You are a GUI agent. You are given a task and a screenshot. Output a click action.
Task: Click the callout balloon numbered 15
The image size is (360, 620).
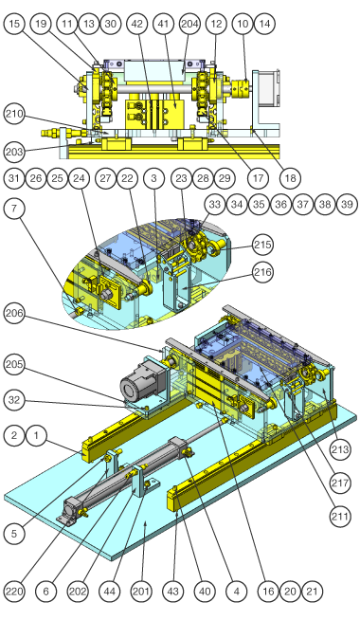(x=14, y=24)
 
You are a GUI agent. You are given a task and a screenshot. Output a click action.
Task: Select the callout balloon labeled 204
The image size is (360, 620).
(x=189, y=24)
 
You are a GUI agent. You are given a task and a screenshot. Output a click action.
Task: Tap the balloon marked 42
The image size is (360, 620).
(x=136, y=24)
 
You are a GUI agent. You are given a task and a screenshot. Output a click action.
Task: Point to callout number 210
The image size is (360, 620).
(x=14, y=115)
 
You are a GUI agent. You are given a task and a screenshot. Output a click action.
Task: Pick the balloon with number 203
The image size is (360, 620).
(x=14, y=152)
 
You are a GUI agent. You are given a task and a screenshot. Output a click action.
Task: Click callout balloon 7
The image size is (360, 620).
(x=14, y=208)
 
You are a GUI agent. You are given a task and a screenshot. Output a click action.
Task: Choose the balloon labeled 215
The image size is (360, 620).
(x=262, y=245)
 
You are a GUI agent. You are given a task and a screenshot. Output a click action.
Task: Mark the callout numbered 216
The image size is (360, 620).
(x=262, y=272)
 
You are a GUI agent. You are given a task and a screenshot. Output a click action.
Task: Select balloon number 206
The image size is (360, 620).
(x=14, y=314)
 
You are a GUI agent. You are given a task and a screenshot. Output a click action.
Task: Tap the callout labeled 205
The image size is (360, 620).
(x=14, y=365)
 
